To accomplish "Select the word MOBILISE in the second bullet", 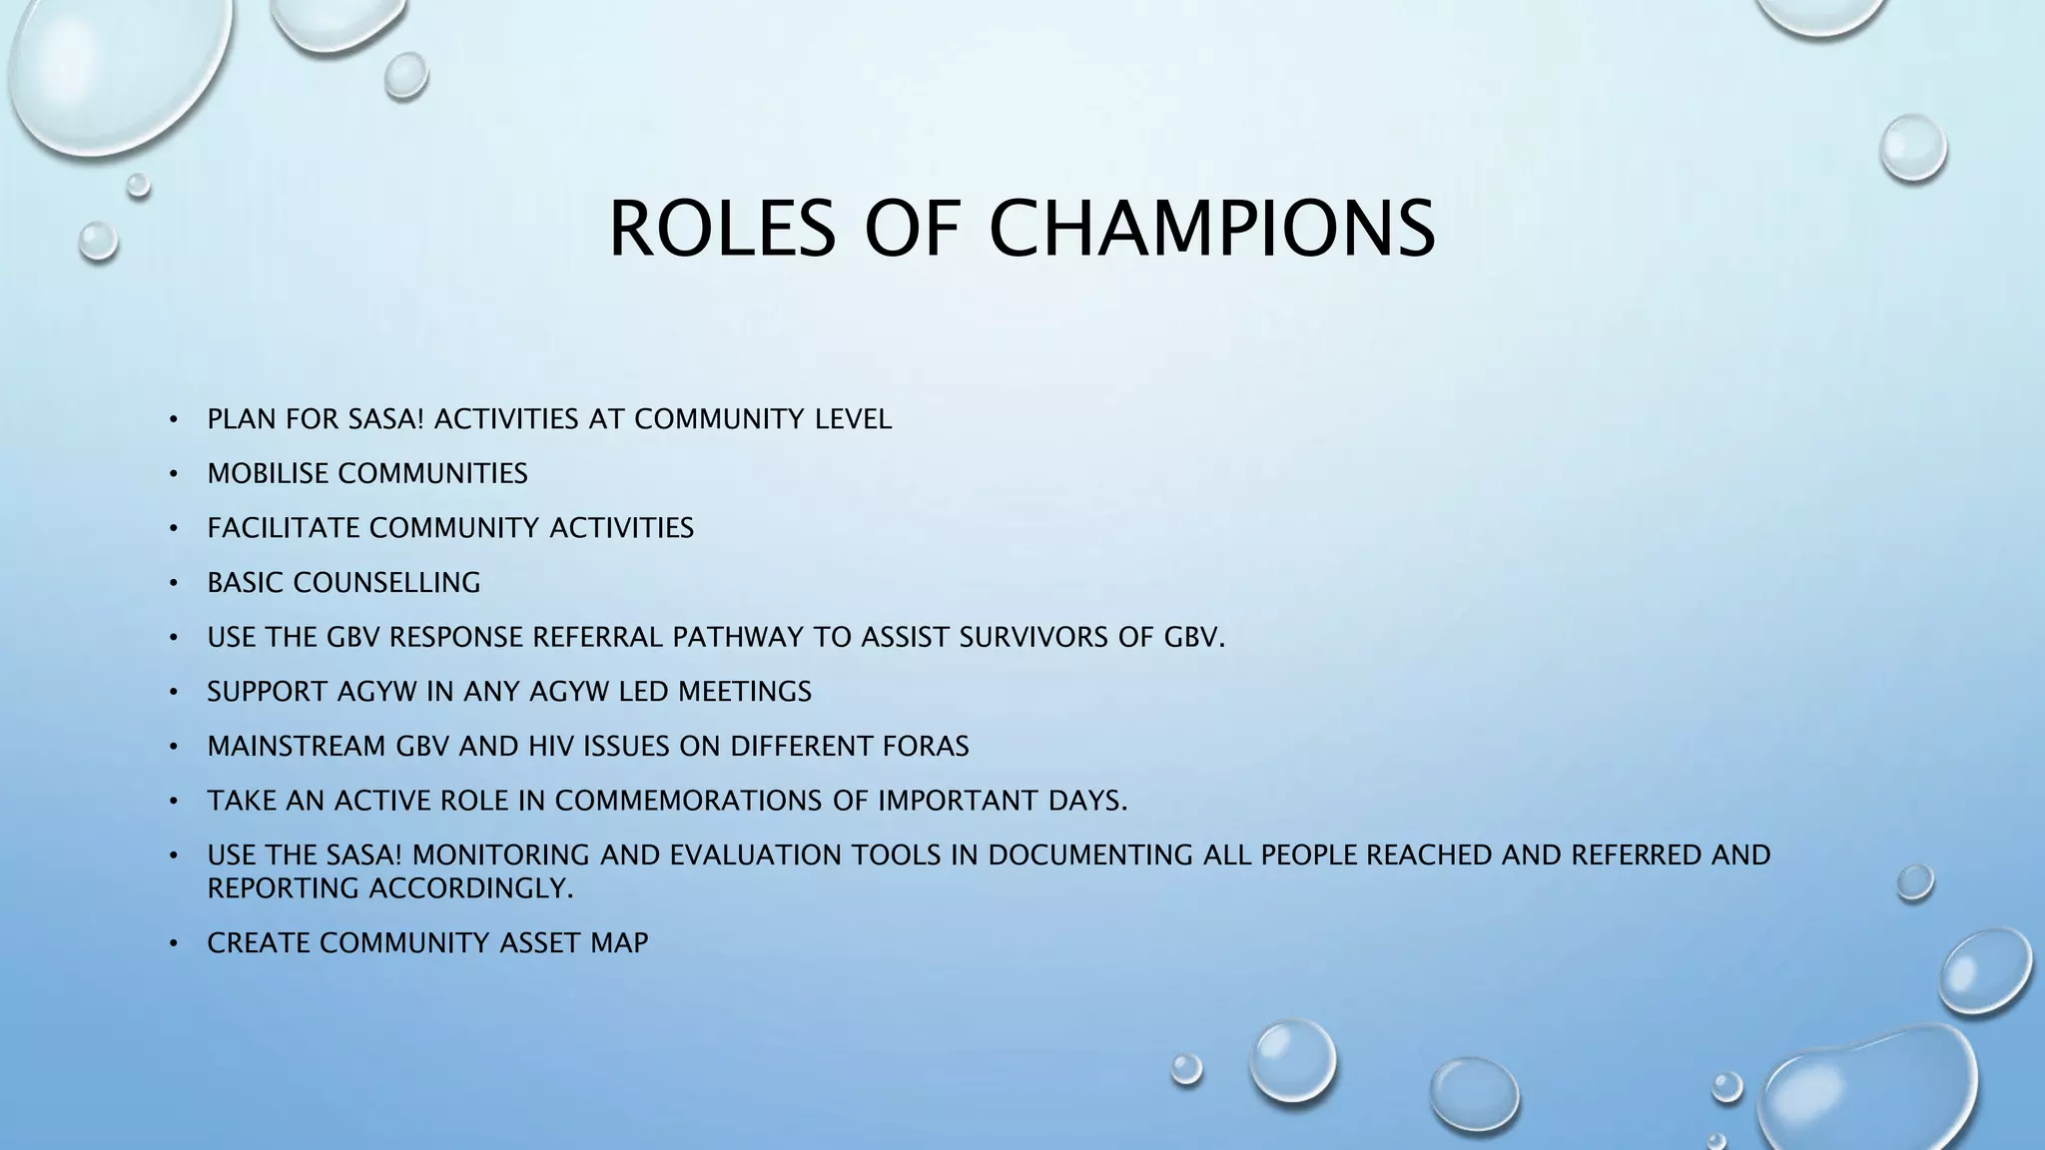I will (x=268, y=473).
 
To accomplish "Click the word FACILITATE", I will (x=284, y=528).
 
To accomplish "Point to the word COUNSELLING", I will (x=386, y=583).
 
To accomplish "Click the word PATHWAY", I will (x=738, y=637).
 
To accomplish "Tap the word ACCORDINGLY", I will (x=471, y=888).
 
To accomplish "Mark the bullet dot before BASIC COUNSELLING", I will (x=174, y=583).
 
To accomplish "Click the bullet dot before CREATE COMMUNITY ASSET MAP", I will (x=174, y=943).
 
